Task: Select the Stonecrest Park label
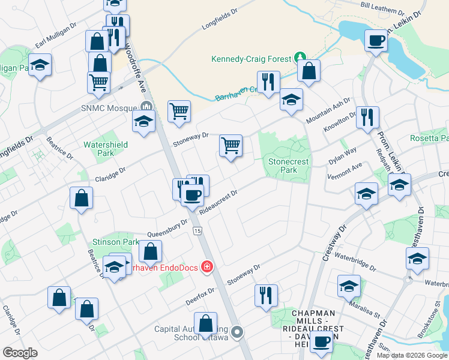click(283, 166)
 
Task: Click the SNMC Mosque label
click(109, 109)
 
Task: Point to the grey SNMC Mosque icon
click(145, 108)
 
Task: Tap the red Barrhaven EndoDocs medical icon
click(207, 266)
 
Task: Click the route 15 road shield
click(197, 231)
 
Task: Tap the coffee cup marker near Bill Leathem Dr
click(376, 41)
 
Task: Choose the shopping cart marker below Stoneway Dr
click(231, 146)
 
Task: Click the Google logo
click(20, 352)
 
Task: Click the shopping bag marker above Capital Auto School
click(205, 323)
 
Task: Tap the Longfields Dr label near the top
click(220, 20)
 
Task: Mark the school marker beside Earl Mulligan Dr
click(40, 65)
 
